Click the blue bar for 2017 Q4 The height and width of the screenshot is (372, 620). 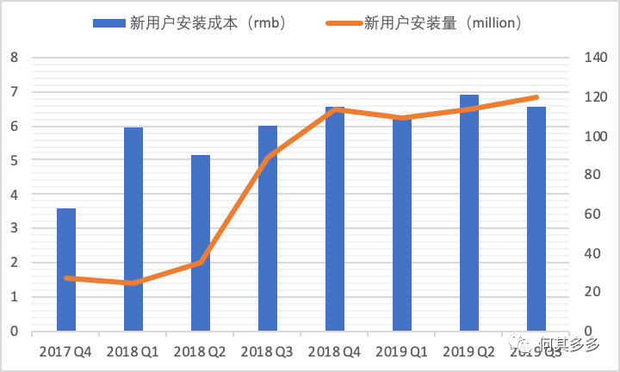[66, 270]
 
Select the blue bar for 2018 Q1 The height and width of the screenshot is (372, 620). [133, 229]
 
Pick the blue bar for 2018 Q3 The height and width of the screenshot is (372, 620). [268, 228]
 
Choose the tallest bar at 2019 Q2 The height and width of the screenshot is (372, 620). [469, 213]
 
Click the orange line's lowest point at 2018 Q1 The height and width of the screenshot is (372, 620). [133, 282]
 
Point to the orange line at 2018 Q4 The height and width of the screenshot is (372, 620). [335, 109]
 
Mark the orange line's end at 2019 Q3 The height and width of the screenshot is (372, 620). [536, 97]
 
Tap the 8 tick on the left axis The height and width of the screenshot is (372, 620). [14, 58]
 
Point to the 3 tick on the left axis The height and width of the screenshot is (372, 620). [14, 229]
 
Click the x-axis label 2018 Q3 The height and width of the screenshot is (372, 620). [268, 351]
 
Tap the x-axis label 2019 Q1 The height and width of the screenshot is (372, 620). [402, 351]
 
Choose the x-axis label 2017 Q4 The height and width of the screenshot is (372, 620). [66, 351]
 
